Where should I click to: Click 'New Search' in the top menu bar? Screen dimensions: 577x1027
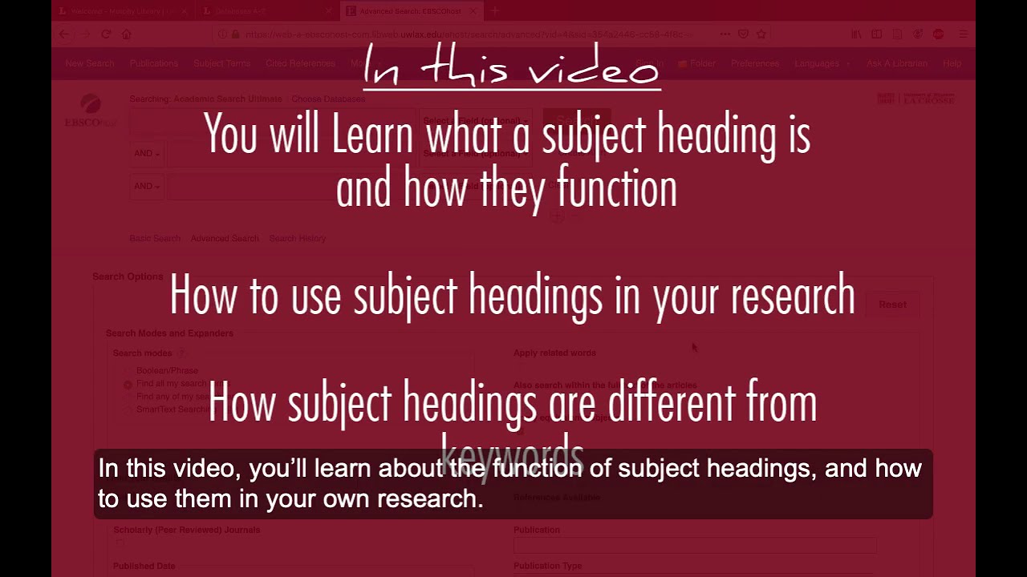click(90, 63)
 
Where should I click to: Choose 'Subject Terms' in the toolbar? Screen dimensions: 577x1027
click(221, 63)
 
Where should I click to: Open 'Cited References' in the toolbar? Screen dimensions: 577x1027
click(300, 63)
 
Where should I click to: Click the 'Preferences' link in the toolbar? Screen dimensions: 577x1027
click(755, 63)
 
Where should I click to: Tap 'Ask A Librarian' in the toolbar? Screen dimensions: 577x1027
click(896, 63)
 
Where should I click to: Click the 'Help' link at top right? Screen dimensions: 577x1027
click(952, 63)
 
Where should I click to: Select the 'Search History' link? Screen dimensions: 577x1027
click(297, 238)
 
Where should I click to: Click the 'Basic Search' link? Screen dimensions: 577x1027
click(155, 238)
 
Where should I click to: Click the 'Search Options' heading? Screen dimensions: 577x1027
click(128, 276)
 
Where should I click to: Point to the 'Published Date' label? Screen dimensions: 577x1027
click(144, 566)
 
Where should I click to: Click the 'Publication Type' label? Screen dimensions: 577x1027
click(547, 566)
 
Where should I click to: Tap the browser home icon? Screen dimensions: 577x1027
click(126, 34)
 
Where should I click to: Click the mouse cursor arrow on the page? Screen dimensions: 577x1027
click(694, 346)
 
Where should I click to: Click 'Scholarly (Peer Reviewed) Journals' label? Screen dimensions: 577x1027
click(187, 530)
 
